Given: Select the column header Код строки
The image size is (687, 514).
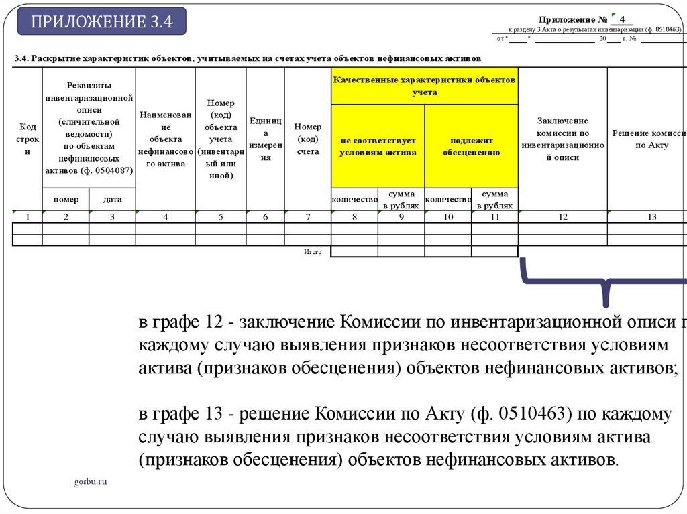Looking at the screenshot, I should (x=28, y=139).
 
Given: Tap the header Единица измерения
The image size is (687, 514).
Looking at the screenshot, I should (x=266, y=139).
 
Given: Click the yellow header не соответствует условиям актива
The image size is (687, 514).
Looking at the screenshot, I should (x=378, y=147).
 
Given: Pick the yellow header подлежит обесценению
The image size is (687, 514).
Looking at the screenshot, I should (x=471, y=147).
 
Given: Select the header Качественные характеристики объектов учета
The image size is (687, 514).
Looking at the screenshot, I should (x=424, y=86).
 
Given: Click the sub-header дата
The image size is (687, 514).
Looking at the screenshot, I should (x=112, y=200).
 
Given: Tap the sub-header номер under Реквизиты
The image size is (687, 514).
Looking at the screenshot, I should (x=66, y=200).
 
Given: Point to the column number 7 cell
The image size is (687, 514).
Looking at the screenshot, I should (x=308, y=216).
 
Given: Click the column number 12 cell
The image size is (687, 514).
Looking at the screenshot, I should (x=562, y=216).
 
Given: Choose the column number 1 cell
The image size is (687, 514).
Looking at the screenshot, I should (x=28, y=216).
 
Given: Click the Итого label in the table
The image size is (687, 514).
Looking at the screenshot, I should (x=313, y=252).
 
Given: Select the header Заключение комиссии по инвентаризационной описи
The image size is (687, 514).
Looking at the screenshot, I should (x=562, y=139).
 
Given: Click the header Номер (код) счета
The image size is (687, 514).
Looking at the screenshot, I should (x=308, y=139).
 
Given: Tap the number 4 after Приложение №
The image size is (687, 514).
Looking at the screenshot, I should (x=622, y=19).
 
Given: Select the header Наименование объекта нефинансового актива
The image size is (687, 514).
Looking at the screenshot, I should (x=165, y=139).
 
